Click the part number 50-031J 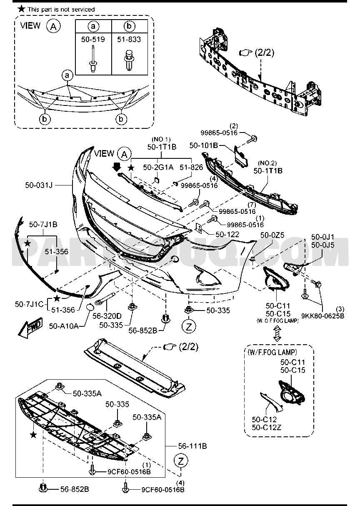point(39,185)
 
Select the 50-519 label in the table point(93,39)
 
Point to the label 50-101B point(203,145)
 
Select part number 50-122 point(227,234)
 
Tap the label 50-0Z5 point(272,235)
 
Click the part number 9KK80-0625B point(323,316)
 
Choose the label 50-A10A point(64,326)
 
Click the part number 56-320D point(107,316)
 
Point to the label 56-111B point(192,446)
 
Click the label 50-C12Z point(267,427)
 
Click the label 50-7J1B point(43,224)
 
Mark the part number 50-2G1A point(158,167)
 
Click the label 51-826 point(191,167)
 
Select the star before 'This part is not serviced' point(21,9)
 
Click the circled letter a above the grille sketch point(67,75)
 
